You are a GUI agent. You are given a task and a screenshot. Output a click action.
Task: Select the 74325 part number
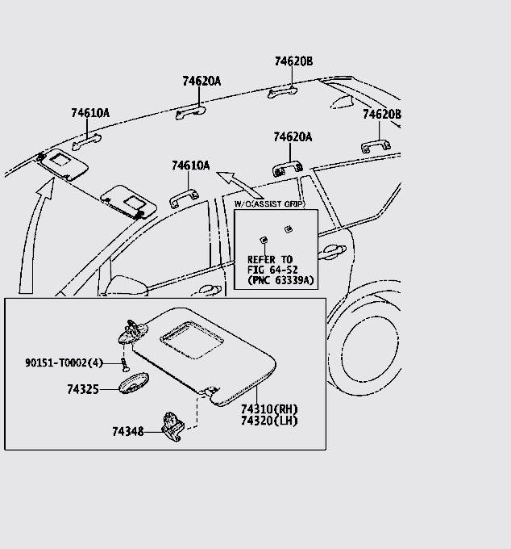[x=82, y=389]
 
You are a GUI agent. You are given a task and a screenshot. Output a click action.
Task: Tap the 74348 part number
[x=127, y=432]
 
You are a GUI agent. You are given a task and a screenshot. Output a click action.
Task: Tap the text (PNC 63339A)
[x=275, y=281]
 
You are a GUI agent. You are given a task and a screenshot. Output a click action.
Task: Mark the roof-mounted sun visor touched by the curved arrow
[x=63, y=163]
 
